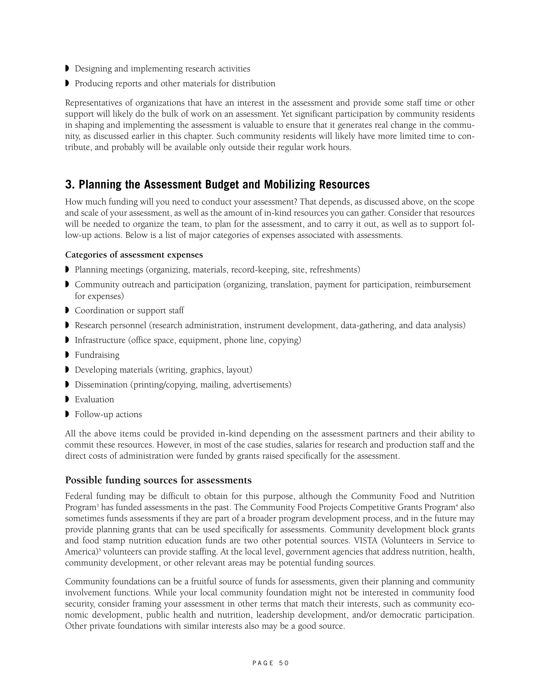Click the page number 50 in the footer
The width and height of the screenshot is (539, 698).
[283, 663]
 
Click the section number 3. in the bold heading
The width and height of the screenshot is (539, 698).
[70, 185]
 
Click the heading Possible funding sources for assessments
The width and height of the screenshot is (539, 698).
[158, 480]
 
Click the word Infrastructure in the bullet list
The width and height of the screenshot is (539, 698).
[100, 340]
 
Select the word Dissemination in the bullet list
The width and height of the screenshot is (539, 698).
[101, 385]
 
